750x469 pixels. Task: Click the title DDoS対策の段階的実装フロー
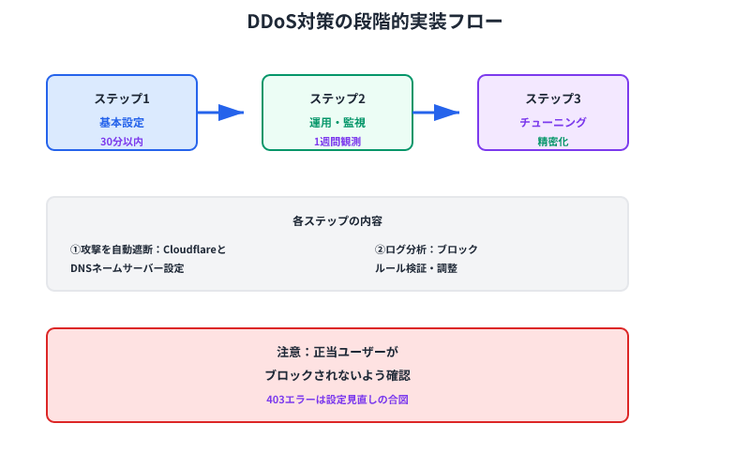375,22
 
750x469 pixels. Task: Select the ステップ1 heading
122,98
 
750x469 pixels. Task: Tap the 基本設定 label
122,122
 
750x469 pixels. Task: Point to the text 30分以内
122,142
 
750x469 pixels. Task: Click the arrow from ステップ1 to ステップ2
221,113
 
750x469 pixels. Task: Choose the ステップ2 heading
337,98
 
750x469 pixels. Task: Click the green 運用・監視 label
337,122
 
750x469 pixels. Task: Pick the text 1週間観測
337,142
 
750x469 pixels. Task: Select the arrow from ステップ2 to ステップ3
437,113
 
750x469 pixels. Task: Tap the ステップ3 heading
553,98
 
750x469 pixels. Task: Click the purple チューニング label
553,122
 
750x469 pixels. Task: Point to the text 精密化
553,142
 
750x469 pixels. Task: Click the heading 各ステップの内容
337,222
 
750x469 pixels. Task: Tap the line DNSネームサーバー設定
127,268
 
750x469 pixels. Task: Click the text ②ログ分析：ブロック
427,250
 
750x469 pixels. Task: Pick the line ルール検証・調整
416,268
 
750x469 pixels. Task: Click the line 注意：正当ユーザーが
337,352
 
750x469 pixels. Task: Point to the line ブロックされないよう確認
337,374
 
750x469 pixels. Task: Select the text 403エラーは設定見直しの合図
337,399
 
